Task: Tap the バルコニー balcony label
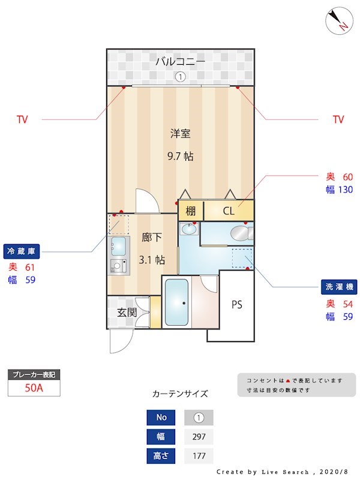click(x=180, y=61)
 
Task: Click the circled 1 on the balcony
click(x=180, y=77)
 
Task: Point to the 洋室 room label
click(x=180, y=133)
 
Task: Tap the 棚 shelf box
click(x=190, y=211)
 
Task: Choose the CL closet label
click(x=229, y=211)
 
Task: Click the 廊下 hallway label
click(x=152, y=238)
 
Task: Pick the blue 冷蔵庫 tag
click(x=20, y=250)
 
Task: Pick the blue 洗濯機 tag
click(x=338, y=287)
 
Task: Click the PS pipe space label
click(x=237, y=304)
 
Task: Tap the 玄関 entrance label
click(x=127, y=312)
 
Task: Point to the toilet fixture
click(x=241, y=232)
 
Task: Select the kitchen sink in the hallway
click(x=119, y=246)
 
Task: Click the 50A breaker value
click(x=34, y=388)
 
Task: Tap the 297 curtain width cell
click(x=198, y=437)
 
